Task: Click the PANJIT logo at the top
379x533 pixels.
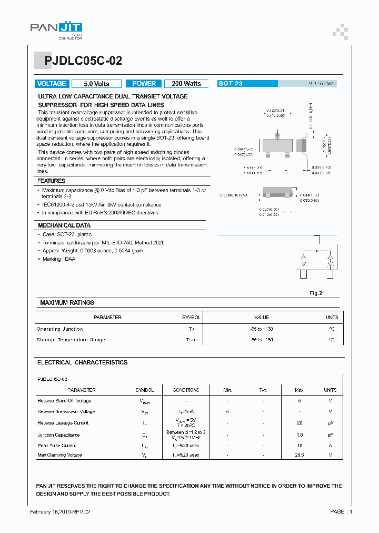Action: coord(56,29)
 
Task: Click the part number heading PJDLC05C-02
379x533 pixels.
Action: coord(79,61)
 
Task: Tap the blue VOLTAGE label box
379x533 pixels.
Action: coord(52,84)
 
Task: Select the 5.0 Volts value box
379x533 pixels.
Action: coord(96,84)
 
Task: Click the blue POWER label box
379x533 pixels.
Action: coord(144,84)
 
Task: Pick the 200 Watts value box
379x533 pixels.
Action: coord(186,84)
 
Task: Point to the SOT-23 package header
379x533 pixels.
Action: coord(230,84)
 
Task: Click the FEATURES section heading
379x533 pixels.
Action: coord(51,181)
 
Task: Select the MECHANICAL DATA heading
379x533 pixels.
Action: coord(64,225)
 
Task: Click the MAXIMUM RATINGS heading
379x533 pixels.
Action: coord(67,303)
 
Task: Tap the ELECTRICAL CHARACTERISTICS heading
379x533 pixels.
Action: coord(82,362)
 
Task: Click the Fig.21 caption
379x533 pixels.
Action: coord(316,293)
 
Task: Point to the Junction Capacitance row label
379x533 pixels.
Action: coord(58,435)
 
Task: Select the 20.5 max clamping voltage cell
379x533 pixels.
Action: coord(300,455)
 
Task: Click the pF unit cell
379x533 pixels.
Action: coord(330,435)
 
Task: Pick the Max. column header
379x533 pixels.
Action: coord(300,390)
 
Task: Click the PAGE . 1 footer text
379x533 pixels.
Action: coord(341,511)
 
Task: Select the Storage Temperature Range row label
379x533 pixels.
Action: coord(71,340)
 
